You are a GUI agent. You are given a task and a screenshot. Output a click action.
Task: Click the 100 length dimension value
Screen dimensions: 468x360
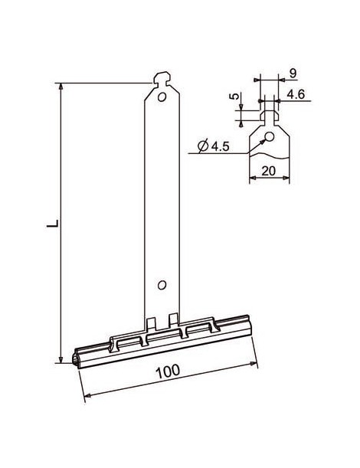pyautogui.click(x=169, y=370)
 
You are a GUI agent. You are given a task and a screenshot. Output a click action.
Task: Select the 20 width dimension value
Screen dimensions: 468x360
pyautogui.click(x=269, y=171)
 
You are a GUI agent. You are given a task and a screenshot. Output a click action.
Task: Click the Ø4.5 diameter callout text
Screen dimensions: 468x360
pyautogui.click(x=212, y=146)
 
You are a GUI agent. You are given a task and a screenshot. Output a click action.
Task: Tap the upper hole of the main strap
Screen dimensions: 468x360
pyautogui.click(x=162, y=98)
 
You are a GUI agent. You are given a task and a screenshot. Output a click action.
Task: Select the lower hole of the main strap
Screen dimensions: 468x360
pyautogui.click(x=162, y=285)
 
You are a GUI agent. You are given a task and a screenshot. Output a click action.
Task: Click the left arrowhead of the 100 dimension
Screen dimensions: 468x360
pyautogui.click(x=86, y=395)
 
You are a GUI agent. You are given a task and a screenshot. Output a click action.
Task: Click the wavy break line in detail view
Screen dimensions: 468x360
pyautogui.click(x=270, y=158)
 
